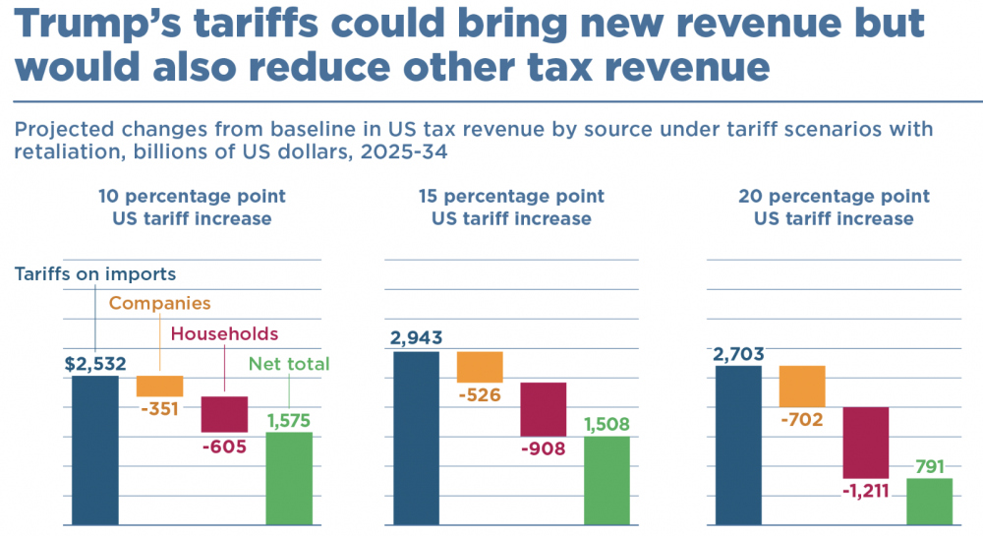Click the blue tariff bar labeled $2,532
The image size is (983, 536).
pos(94,449)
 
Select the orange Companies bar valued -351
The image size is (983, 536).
pos(159,386)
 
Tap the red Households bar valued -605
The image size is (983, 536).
pos(224,414)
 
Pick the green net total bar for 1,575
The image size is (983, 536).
pos(289,478)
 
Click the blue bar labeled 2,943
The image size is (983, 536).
pos(416,438)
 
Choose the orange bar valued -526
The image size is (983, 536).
pos(480,367)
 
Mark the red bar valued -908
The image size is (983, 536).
pos(544,407)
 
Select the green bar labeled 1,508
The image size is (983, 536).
pos(607,481)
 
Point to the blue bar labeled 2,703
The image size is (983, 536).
pos(738,445)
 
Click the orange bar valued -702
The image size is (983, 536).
pos(802,387)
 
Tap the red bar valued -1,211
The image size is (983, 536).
pos(866,443)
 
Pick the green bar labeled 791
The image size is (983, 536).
pos(929,502)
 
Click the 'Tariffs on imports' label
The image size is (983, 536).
pos(95,274)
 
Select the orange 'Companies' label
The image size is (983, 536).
pos(159,304)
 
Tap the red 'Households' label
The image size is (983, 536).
pos(224,334)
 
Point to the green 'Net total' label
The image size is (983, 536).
pos(289,364)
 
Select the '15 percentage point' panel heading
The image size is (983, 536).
pos(511,197)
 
